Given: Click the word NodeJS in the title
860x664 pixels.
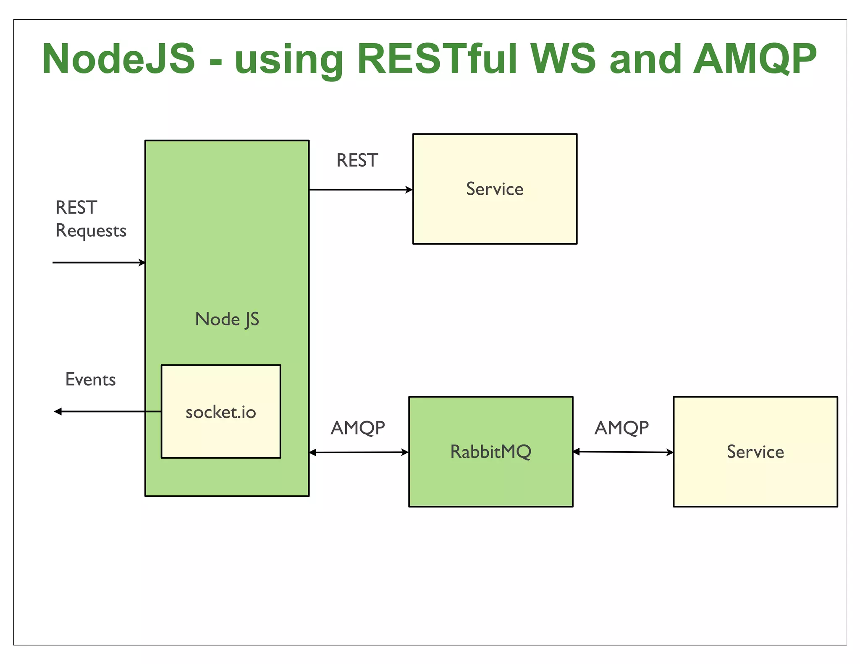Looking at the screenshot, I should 119,59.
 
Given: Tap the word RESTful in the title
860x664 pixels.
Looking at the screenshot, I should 437,59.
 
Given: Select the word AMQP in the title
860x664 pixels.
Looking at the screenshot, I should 755,59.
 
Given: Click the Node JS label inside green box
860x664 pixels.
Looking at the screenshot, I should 227,319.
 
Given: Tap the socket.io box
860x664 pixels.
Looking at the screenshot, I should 221,411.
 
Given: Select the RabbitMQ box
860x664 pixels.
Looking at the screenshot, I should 490,452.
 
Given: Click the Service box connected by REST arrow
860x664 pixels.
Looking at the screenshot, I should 495,189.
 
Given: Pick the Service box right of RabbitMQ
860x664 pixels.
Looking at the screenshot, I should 755,452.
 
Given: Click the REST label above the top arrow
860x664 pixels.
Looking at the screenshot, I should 357,160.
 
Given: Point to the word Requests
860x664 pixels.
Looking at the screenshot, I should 91,231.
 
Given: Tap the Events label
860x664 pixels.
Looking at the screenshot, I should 90,379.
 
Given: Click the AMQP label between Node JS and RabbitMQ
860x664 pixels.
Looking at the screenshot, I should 358,428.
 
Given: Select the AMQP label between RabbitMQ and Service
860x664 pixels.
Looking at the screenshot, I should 621,428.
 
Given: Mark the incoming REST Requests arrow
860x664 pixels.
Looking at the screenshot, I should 99,263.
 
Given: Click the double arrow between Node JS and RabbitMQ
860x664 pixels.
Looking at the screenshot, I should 359,452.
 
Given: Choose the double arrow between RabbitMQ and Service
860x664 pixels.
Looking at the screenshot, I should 623,452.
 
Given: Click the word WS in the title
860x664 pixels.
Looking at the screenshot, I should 563,59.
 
